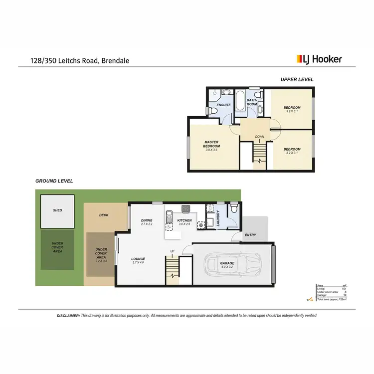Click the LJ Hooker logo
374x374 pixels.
(x=319, y=59)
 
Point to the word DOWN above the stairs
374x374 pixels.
(x=259, y=136)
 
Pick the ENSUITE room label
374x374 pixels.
(x=223, y=105)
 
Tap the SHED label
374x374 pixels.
(x=57, y=210)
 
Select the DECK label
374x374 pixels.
(x=104, y=215)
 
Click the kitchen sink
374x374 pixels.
(x=169, y=217)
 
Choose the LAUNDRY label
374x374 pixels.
(x=218, y=220)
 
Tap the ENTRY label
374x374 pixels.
(x=250, y=235)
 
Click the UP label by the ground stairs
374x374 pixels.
(x=173, y=251)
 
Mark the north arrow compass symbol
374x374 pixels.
(x=310, y=299)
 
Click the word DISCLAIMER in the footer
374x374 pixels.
(x=68, y=316)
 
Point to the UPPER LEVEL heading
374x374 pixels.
(x=297, y=79)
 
